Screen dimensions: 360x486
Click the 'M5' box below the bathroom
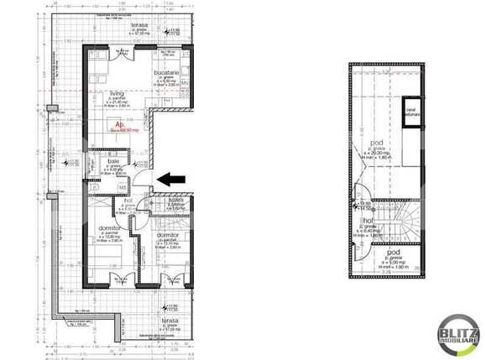122,186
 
